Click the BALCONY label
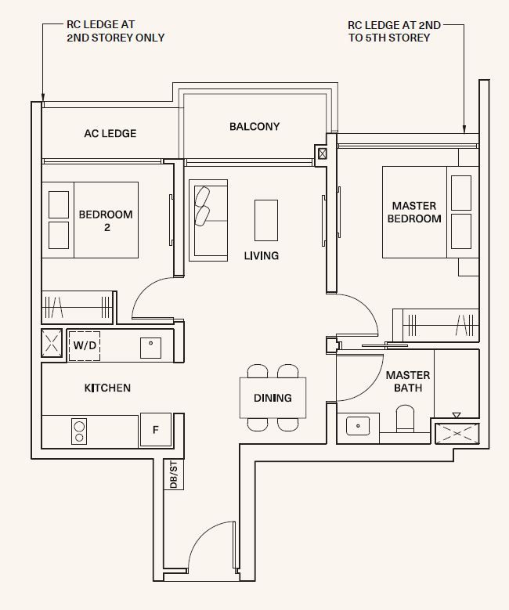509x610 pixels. pos(254,126)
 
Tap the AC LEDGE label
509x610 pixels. pos(110,134)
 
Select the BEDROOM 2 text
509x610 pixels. pos(106,220)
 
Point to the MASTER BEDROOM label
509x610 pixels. pos(414,212)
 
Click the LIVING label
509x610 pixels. pos(261,256)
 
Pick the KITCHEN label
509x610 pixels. pos(107,388)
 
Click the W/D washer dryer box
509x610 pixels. pos(85,345)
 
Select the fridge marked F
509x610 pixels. pos(155,429)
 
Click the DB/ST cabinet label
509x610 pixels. pos(173,475)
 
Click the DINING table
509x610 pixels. pos(273,398)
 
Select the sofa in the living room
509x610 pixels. pos(208,218)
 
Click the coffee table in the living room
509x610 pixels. pos(265,219)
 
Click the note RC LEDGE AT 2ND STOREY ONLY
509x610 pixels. pos(116,31)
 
